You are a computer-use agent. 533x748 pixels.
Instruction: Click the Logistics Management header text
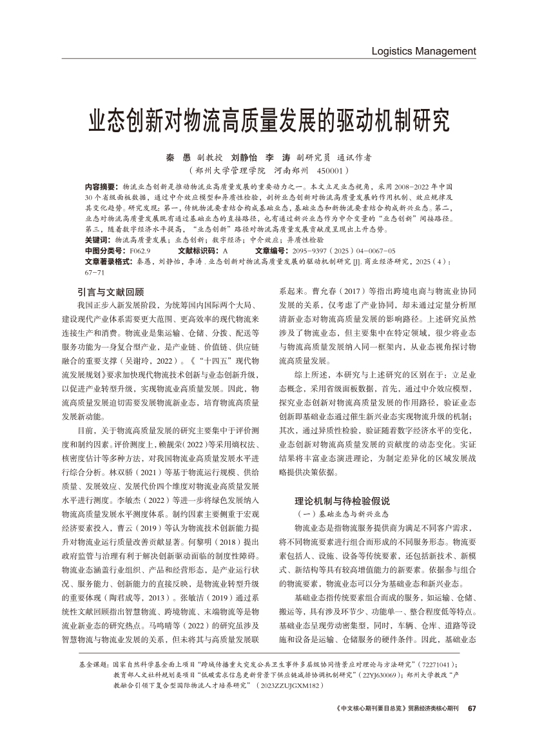click(423, 51)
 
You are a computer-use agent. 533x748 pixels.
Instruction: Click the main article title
click(266, 121)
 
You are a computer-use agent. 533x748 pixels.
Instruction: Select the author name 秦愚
click(175, 157)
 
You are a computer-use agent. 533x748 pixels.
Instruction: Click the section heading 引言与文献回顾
click(110, 291)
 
